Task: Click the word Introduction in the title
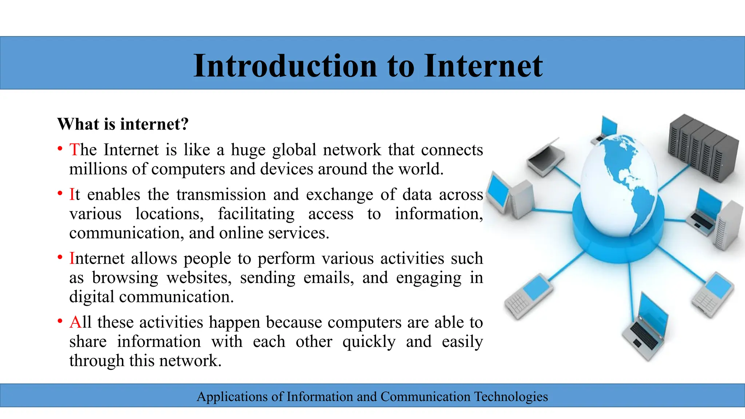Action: [x=285, y=66]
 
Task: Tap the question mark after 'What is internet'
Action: [x=184, y=124]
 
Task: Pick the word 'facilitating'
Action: [x=256, y=214]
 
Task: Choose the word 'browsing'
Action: [x=125, y=278]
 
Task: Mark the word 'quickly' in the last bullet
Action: [x=369, y=342]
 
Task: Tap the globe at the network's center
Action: [x=618, y=185]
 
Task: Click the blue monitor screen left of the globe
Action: [x=498, y=191]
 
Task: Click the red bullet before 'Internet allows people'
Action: [x=60, y=258]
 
